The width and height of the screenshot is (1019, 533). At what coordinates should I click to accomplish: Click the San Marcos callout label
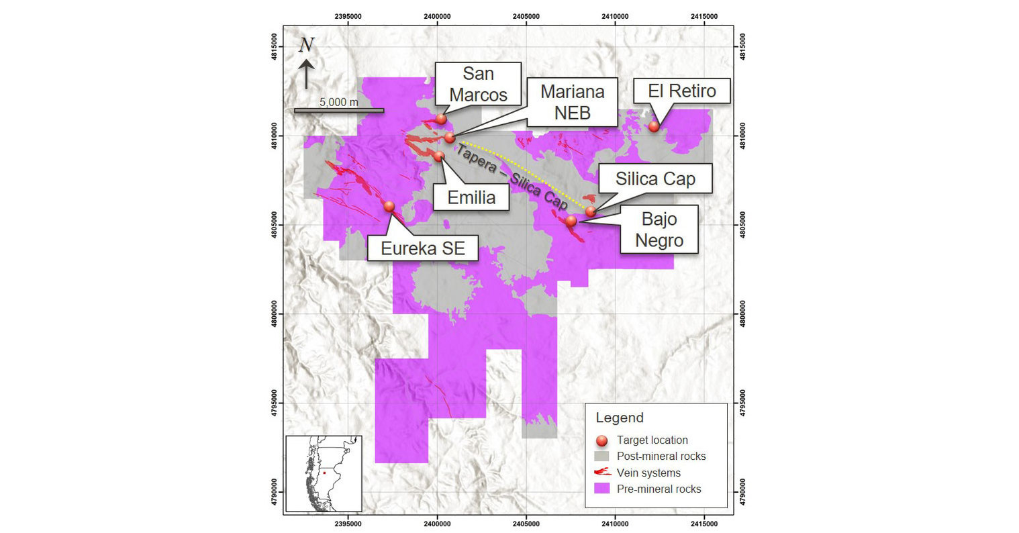pyautogui.click(x=478, y=83)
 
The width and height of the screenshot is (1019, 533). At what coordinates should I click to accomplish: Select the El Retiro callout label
pyautogui.click(x=682, y=91)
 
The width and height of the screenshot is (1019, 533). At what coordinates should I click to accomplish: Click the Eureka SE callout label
pyautogui.click(x=422, y=248)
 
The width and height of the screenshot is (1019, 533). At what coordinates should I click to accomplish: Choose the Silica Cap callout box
pyautogui.click(x=654, y=179)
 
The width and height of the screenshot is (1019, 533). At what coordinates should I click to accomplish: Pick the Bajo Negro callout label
pyautogui.click(x=659, y=230)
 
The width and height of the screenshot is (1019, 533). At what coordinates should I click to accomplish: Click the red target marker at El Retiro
pyautogui.click(x=654, y=126)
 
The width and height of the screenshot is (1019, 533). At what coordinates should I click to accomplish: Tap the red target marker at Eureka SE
pyautogui.click(x=389, y=206)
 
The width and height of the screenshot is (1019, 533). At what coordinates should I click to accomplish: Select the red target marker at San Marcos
pyautogui.click(x=441, y=119)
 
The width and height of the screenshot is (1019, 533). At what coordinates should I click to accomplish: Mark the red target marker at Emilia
pyautogui.click(x=439, y=156)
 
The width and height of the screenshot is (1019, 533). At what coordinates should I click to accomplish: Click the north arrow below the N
pyautogui.click(x=306, y=74)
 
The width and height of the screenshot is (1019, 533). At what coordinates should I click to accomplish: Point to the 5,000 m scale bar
pyautogui.click(x=339, y=110)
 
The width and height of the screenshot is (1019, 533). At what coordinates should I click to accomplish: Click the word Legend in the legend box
pyautogui.click(x=620, y=418)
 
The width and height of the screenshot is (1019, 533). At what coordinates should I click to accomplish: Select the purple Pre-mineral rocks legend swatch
pyautogui.click(x=602, y=489)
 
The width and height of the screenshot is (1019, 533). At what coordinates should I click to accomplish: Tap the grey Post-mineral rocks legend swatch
pyautogui.click(x=602, y=456)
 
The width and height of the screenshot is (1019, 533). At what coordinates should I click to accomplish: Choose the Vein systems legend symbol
pyautogui.click(x=602, y=473)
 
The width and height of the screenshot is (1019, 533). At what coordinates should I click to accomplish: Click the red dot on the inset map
pyautogui.click(x=324, y=473)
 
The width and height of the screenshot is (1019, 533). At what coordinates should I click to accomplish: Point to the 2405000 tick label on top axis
pyautogui.click(x=526, y=16)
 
